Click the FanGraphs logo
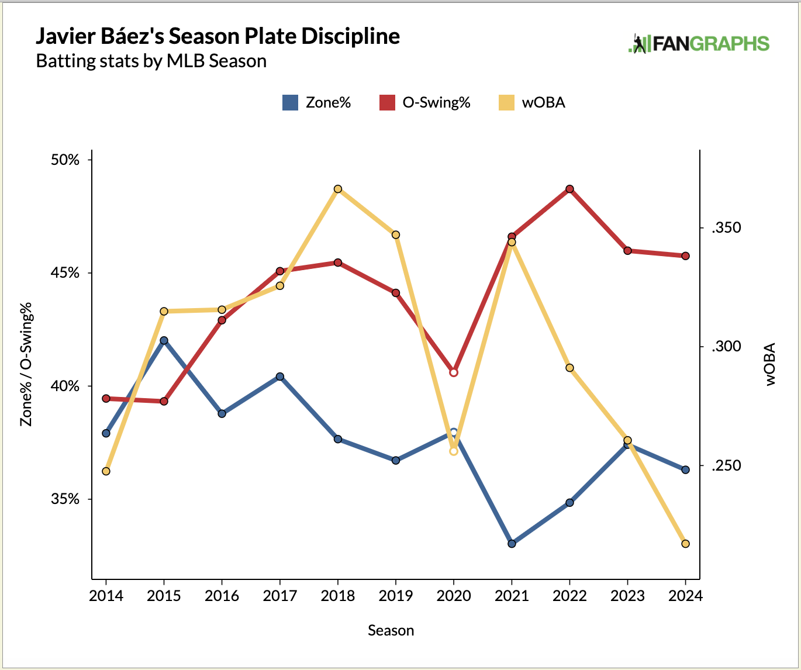tap(699, 44)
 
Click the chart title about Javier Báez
tap(217, 36)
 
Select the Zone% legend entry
tap(316, 103)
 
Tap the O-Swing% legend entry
tap(425, 103)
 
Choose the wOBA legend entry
tap(531, 103)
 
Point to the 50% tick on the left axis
tap(65, 160)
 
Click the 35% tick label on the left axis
tap(65, 499)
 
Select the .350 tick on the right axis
tap(726, 228)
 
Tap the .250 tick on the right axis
tap(726, 466)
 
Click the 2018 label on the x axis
tap(338, 596)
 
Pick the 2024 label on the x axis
tap(685, 596)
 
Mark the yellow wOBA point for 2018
tap(338, 189)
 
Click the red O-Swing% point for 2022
tap(569, 189)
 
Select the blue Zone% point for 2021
tap(512, 544)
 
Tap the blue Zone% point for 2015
tap(164, 340)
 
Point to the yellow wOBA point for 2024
tap(686, 544)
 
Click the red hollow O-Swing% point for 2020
tap(454, 372)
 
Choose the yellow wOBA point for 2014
tap(106, 471)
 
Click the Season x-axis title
tap(391, 630)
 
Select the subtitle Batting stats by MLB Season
tap(151, 61)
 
